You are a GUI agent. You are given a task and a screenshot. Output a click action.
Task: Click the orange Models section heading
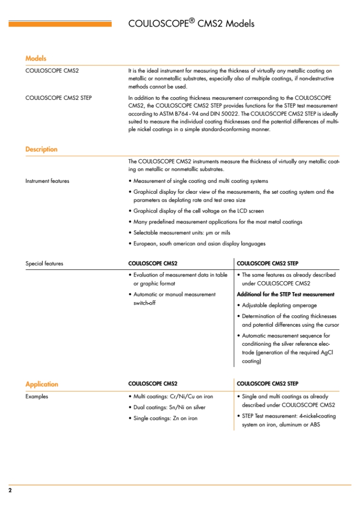pyautogui.click(x=36, y=59)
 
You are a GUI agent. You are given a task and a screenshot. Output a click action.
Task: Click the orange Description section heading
pyautogui.click(x=41, y=149)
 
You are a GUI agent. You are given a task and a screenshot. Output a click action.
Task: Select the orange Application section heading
pyautogui.click(x=42, y=384)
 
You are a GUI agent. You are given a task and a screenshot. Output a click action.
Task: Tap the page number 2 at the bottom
pyautogui.click(x=10, y=491)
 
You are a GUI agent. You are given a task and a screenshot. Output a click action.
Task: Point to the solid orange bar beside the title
pyautogui.click(x=60, y=24)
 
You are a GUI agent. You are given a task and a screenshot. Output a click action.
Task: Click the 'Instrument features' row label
pyautogui.click(x=47, y=181)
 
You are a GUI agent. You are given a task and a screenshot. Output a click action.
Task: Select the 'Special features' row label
pyautogui.click(x=44, y=263)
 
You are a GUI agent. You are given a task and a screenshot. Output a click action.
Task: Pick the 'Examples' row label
pyautogui.click(x=36, y=397)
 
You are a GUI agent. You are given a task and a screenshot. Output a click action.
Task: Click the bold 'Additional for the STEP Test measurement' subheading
pyautogui.click(x=285, y=294)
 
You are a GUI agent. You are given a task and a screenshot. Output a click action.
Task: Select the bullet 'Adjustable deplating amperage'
pyautogui.click(x=279, y=305)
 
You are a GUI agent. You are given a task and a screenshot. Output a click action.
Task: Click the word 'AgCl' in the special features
pyautogui.click(x=320, y=353)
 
